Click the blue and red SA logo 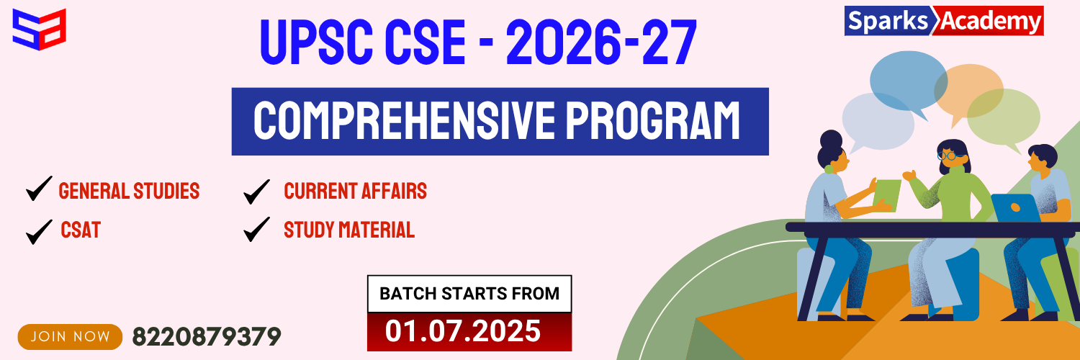(x=39, y=30)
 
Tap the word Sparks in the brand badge (x=888, y=22)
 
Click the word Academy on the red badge (x=990, y=22)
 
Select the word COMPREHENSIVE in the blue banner (x=405, y=121)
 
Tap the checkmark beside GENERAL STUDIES (x=39, y=189)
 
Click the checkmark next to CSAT (x=39, y=232)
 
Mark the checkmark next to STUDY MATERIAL (x=256, y=229)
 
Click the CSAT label (x=81, y=230)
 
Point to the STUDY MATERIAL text (x=349, y=230)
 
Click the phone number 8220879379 (x=207, y=336)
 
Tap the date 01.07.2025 (x=463, y=332)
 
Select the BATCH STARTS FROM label (x=469, y=294)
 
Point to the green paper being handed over (x=886, y=195)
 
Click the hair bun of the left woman (x=831, y=139)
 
